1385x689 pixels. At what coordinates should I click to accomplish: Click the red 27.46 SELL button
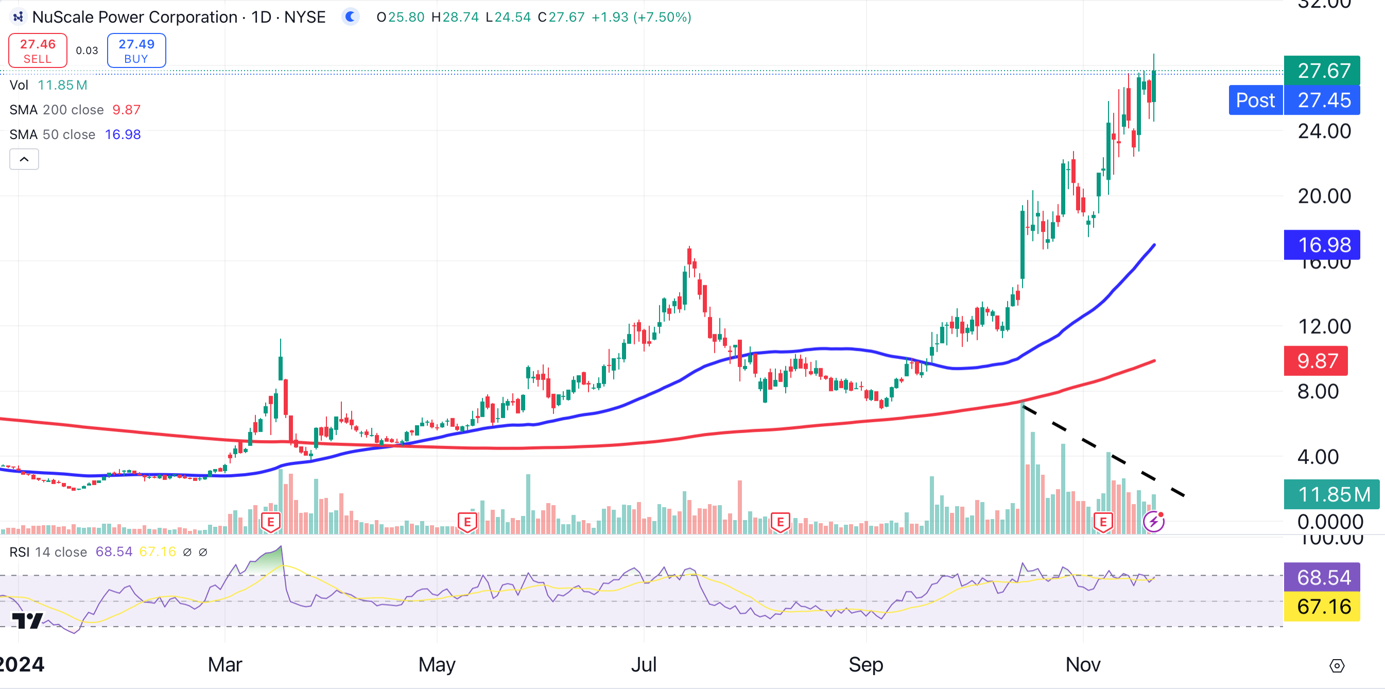[x=38, y=50]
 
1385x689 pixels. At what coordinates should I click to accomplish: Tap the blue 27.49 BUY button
[x=136, y=50]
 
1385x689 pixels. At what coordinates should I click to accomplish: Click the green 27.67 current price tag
[x=1322, y=71]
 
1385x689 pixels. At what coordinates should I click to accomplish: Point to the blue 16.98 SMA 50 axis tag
[x=1322, y=245]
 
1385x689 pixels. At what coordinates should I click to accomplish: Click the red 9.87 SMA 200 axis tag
[x=1315, y=360]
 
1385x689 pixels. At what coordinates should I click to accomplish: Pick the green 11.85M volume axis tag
[x=1331, y=494]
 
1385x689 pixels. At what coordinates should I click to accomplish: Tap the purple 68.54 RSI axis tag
[x=1322, y=577]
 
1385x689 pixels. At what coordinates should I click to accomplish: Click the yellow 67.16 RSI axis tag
[x=1322, y=606]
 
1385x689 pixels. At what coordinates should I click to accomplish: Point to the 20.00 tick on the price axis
[x=1324, y=196]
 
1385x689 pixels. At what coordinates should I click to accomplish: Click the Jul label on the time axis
[x=644, y=665]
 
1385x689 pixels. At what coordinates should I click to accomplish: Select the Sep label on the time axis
[x=865, y=665]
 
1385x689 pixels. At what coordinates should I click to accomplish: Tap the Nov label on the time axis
[x=1083, y=665]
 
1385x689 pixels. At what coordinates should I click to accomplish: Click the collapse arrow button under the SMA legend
[x=24, y=159]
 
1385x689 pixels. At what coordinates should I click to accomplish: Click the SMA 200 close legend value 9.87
[x=126, y=110]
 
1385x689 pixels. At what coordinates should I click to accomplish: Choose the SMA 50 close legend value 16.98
[x=123, y=134]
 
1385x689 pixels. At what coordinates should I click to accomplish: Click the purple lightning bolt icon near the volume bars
[x=1153, y=521]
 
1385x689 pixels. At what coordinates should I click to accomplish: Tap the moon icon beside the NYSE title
[x=351, y=17]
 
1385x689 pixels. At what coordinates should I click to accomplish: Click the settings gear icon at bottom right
[x=1337, y=666]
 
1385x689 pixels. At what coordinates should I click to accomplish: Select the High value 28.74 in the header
[x=460, y=17]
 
